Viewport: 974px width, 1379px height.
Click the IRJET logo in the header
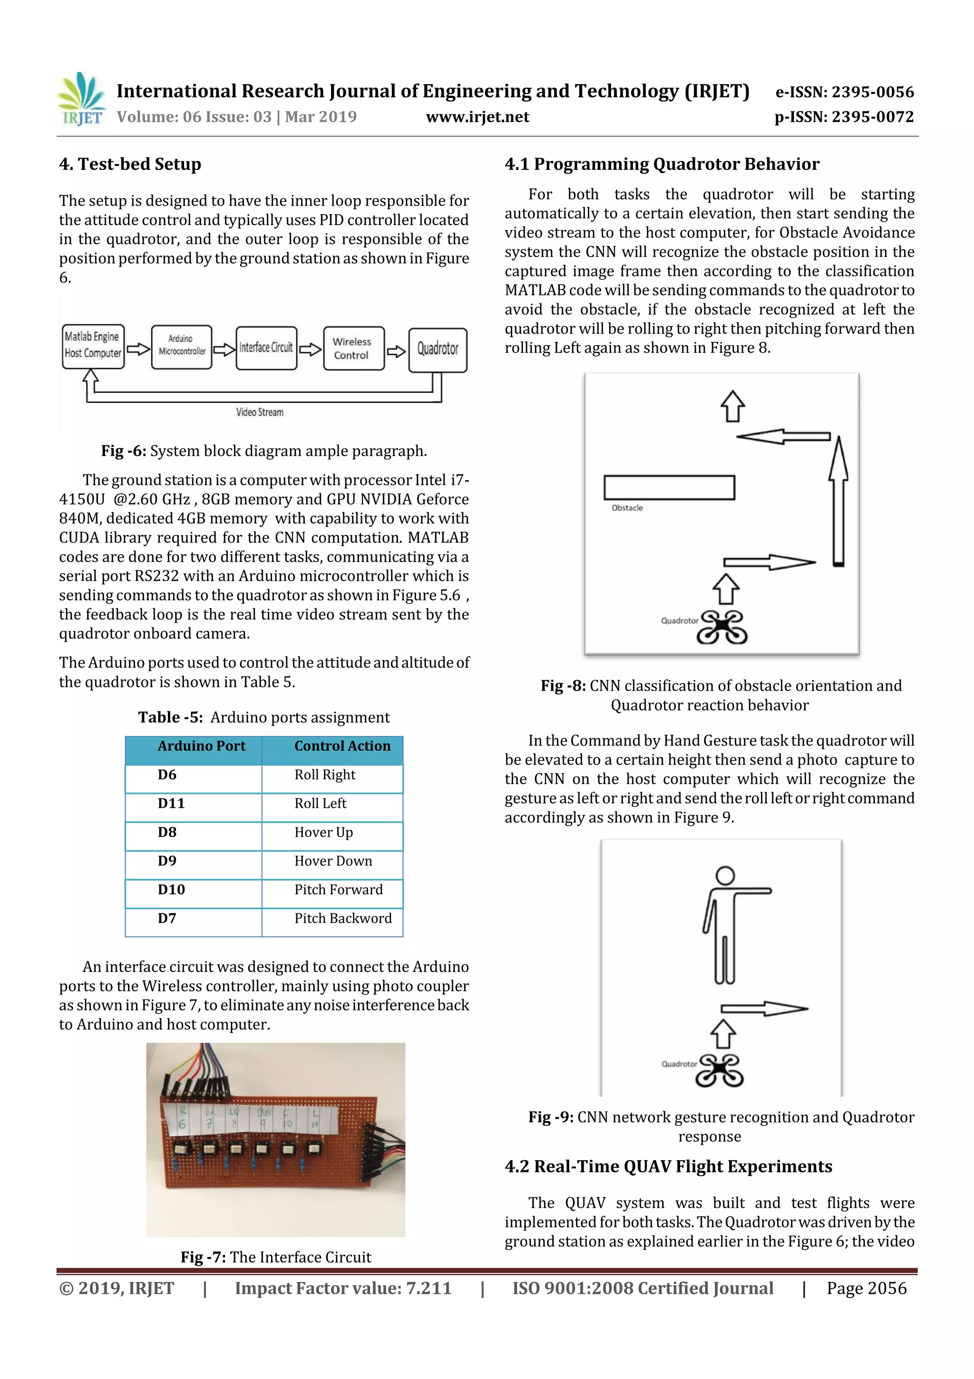81,99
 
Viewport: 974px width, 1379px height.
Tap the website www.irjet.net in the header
477,117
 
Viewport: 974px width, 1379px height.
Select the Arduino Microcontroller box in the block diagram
182,347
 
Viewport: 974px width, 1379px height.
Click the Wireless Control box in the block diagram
353,348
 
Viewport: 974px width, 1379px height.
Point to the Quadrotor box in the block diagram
438,349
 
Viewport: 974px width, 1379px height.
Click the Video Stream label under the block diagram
259,412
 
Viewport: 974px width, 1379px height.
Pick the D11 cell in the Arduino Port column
172,804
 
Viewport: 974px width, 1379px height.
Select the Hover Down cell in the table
332,861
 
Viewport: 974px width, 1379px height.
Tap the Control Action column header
341,746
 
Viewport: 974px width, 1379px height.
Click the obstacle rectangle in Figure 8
669,487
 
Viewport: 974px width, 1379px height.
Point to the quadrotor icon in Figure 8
722,627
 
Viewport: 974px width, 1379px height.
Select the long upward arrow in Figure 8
838,502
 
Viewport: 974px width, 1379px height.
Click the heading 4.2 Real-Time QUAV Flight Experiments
668,1166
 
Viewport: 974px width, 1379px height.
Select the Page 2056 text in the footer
866,1288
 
